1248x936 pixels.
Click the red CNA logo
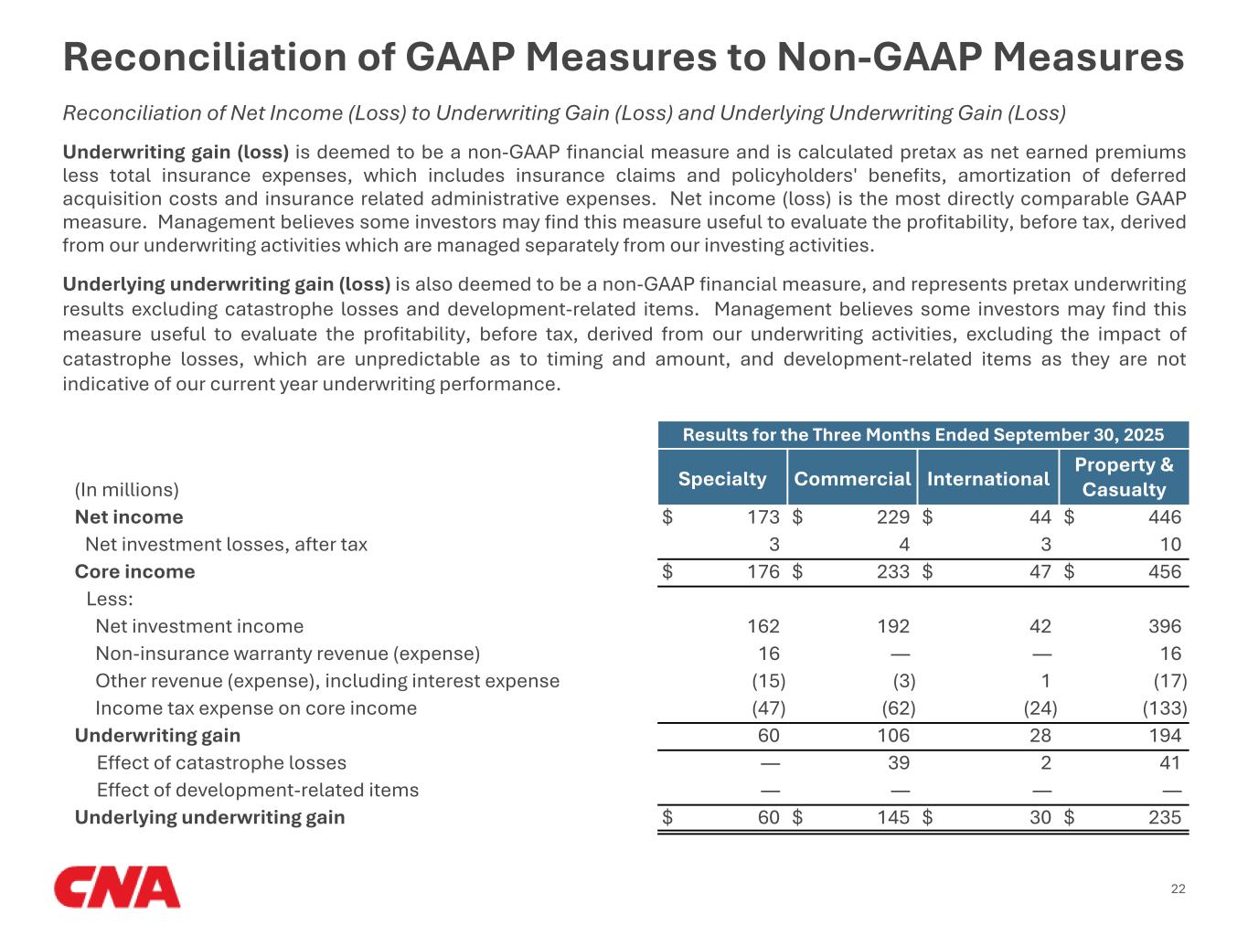point(117,888)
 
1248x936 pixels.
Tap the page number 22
point(1178,889)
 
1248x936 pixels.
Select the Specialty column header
point(722,478)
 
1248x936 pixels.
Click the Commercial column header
point(852,478)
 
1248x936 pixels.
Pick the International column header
point(987,478)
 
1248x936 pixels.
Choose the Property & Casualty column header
point(1124,476)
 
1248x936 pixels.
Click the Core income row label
point(135,571)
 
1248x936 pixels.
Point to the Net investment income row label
point(199,626)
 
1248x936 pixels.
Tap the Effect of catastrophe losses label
point(221,762)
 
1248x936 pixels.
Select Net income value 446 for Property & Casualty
point(1164,517)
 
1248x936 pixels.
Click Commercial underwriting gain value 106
point(893,736)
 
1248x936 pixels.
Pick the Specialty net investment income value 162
point(763,626)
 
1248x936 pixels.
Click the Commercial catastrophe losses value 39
point(899,763)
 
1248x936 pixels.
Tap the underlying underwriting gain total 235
point(1164,817)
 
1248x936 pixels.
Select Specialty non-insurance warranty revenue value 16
point(769,654)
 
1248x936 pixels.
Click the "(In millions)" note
point(127,490)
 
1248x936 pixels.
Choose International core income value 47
point(1040,572)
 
